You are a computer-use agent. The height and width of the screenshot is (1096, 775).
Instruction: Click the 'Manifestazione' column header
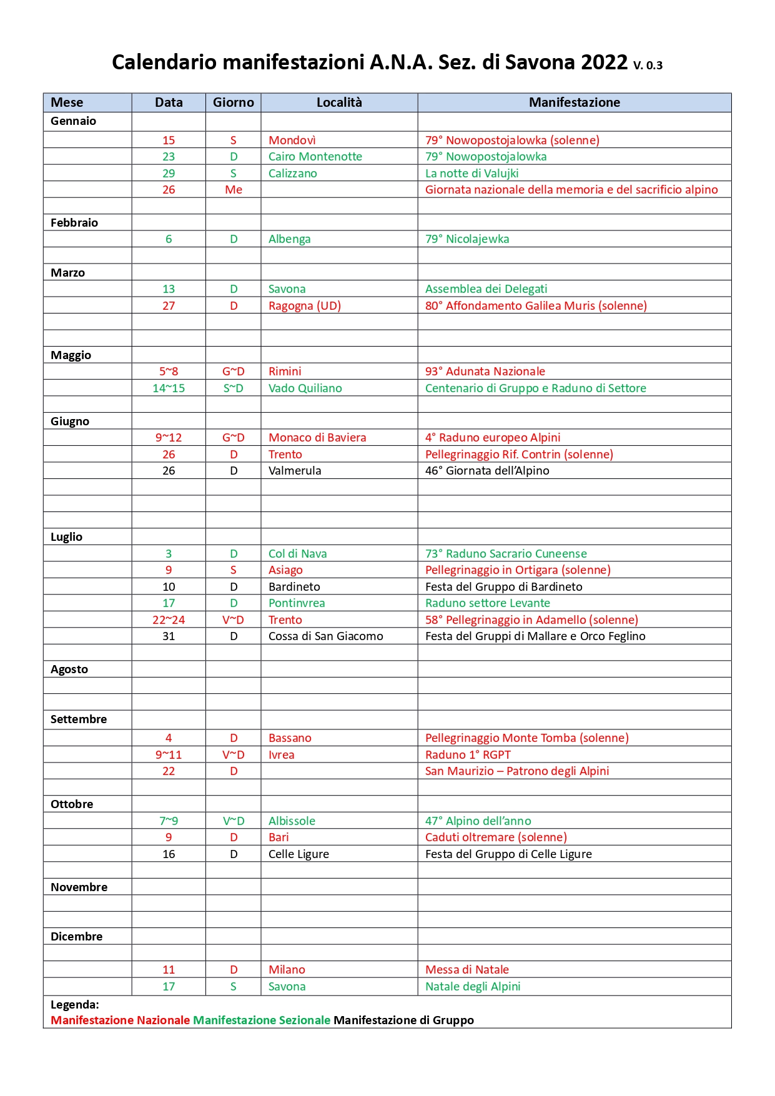point(574,102)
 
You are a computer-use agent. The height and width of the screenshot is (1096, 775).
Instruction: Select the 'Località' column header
point(339,102)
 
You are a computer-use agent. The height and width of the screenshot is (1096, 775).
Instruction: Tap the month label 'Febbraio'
point(74,223)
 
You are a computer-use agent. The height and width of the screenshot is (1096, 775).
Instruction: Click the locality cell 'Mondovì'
point(292,141)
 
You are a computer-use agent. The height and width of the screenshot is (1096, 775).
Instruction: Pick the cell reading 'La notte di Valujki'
point(471,174)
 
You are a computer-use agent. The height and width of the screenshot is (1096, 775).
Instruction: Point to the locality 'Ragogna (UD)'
point(305,306)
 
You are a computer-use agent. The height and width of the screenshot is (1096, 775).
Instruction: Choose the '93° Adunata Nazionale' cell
point(485,372)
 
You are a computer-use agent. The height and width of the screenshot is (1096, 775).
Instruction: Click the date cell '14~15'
point(169,388)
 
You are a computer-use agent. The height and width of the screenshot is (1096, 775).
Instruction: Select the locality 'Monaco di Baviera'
point(317,438)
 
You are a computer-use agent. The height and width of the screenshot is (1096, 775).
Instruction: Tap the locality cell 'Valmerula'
point(295,471)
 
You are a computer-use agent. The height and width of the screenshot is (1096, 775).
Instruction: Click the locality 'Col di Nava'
point(297,554)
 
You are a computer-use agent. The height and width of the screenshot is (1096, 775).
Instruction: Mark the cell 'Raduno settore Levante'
point(487,603)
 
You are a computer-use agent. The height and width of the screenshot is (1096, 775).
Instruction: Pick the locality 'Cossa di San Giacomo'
point(325,636)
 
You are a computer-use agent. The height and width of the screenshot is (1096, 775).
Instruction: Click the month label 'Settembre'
point(79,719)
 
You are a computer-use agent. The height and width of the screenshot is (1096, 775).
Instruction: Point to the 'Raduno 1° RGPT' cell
point(468,755)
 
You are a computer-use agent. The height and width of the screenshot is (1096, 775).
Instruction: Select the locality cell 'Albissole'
point(292,821)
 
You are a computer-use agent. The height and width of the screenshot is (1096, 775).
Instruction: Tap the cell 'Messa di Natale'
point(466,970)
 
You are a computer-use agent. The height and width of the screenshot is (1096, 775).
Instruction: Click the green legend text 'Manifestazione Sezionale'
point(262,1020)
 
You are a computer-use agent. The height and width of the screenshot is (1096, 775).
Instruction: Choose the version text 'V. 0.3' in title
point(648,65)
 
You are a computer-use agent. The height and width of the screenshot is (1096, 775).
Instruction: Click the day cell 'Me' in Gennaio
point(234,190)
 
